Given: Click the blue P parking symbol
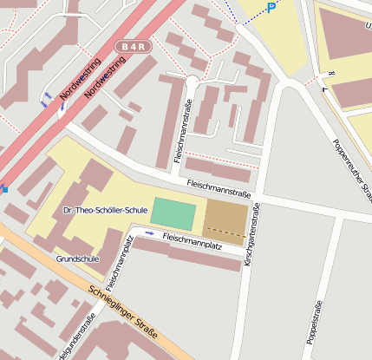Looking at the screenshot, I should coord(271,8).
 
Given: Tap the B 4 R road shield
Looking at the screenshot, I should coord(132,46).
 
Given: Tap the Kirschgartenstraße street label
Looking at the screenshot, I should coord(251,235).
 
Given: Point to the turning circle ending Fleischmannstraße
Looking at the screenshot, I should coord(192,82).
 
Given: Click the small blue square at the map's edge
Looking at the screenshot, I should coord(3,188).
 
